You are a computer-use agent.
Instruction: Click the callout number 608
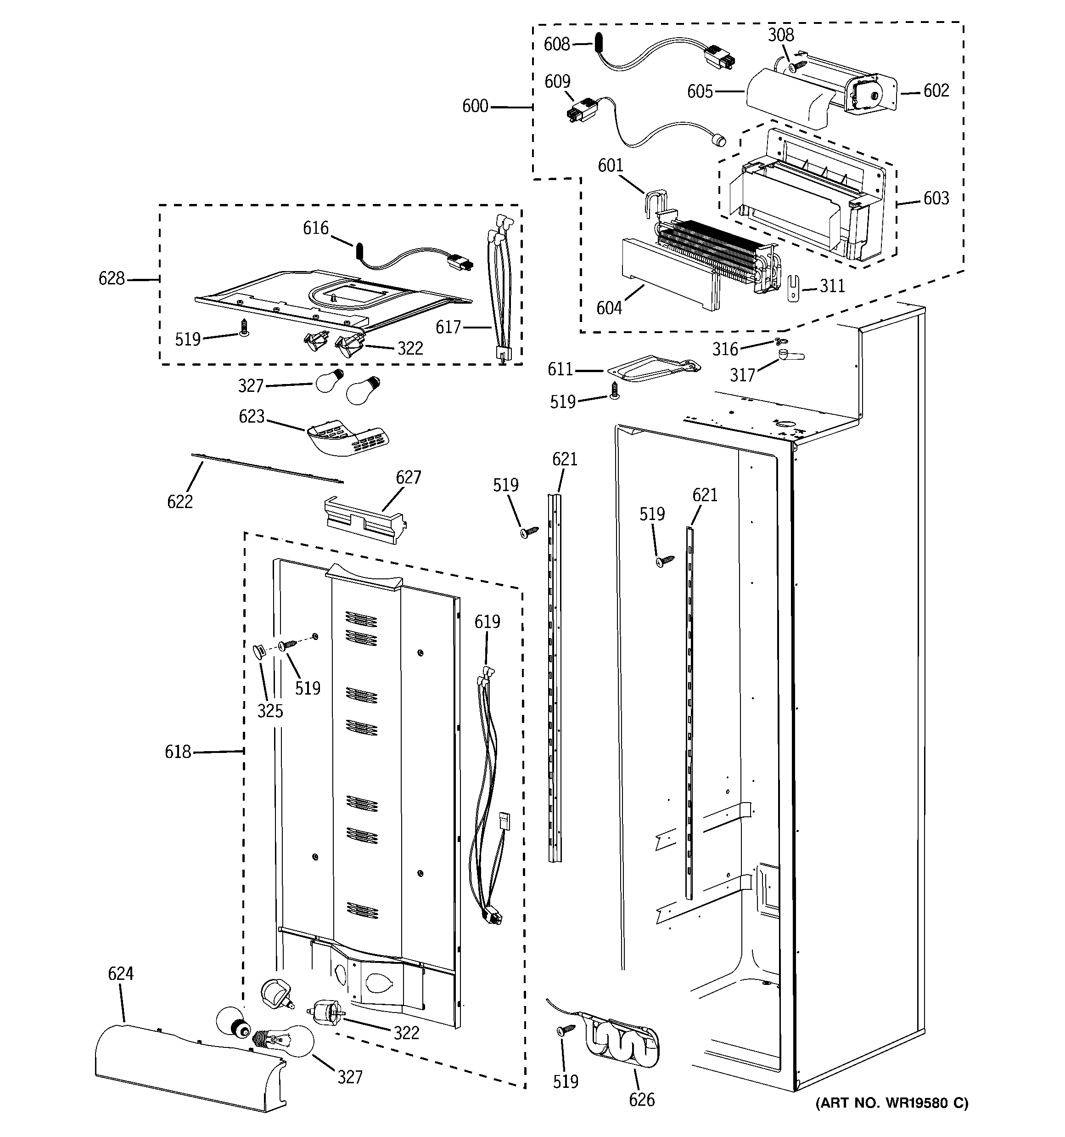556,44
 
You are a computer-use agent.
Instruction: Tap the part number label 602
936,91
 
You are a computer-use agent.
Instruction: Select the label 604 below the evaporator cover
609,308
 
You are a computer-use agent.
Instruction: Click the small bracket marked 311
793,288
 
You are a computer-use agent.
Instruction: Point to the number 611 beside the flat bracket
560,370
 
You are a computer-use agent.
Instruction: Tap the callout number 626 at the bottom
641,1100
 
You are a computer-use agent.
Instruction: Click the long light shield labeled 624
189,1069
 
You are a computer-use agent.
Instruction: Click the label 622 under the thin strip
179,502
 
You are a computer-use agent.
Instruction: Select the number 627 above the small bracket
408,478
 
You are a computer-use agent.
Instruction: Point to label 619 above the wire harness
487,622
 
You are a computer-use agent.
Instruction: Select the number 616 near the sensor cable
315,229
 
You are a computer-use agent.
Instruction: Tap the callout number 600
475,107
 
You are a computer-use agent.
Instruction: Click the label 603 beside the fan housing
936,198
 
